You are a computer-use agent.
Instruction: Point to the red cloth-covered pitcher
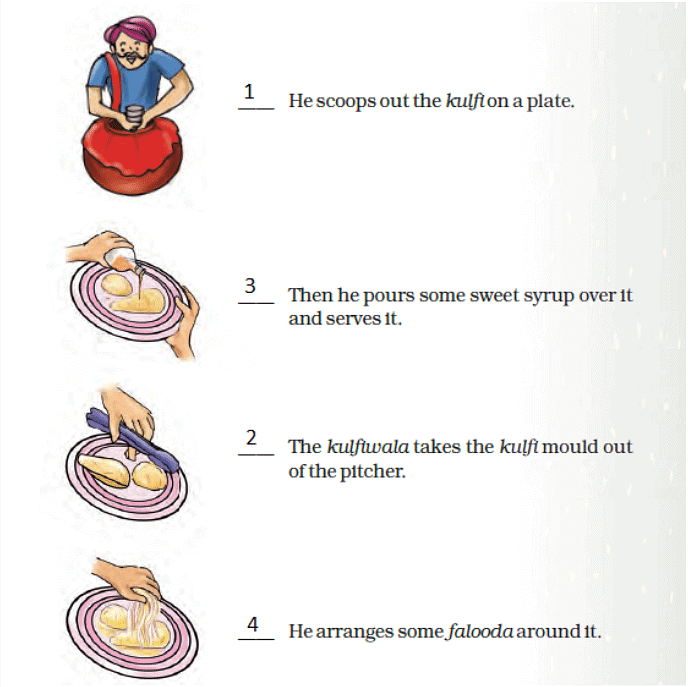(132, 156)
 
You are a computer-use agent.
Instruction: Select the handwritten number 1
(249, 92)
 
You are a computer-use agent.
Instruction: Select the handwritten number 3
(250, 286)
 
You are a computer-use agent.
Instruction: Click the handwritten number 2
(251, 437)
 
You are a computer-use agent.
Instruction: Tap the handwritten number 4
(253, 624)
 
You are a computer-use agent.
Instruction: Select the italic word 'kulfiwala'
(368, 447)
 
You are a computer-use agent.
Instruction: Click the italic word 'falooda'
(480, 632)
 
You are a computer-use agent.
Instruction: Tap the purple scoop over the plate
(133, 440)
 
